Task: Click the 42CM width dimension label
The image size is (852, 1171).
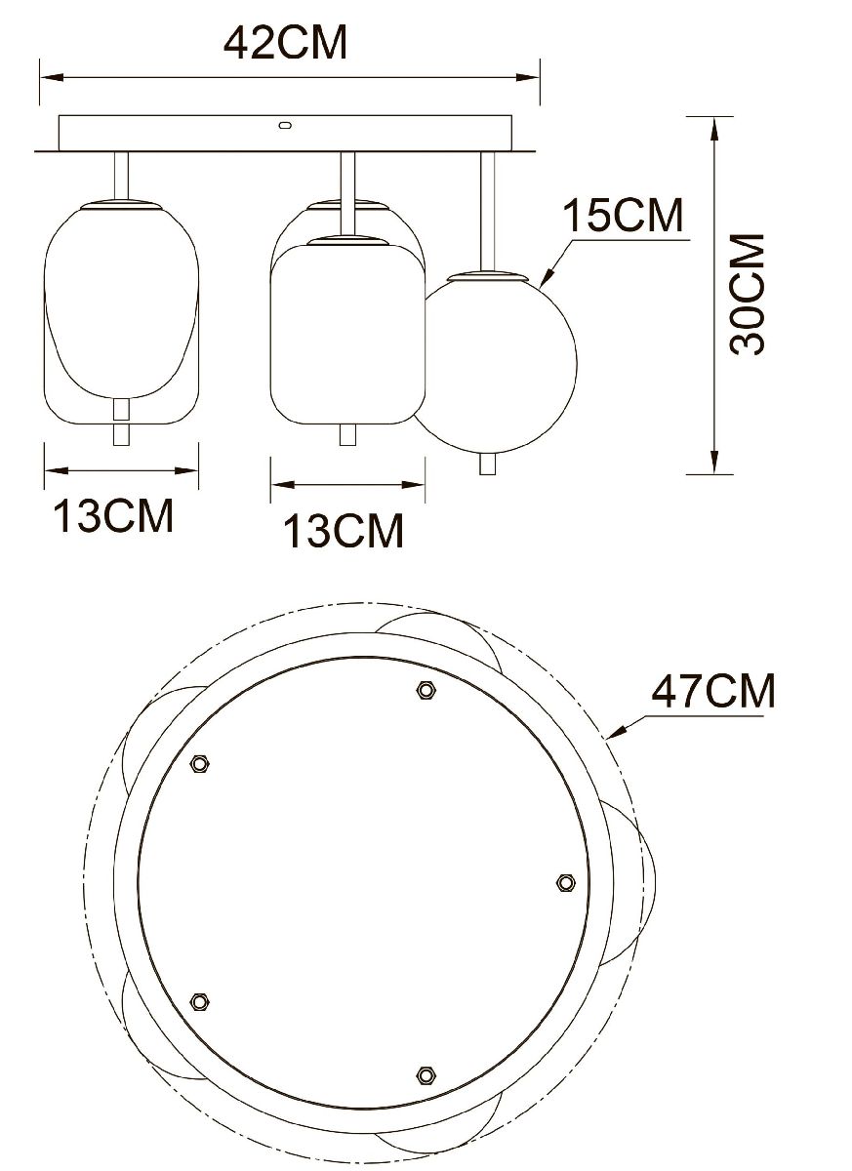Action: click(285, 42)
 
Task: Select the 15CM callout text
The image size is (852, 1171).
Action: click(625, 215)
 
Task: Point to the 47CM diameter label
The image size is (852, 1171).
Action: click(713, 692)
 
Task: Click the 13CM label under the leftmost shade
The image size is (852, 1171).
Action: click(112, 516)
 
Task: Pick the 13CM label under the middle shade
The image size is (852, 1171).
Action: click(344, 531)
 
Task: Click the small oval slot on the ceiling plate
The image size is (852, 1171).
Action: click(285, 125)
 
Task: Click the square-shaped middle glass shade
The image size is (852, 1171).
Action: click(347, 332)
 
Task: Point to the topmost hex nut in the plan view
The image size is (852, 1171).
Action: click(425, 690)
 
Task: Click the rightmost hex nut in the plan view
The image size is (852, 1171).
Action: click(565, 882)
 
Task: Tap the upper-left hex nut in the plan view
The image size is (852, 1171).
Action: click(199, 764)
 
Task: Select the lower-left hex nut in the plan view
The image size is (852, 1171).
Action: click(200, 1001)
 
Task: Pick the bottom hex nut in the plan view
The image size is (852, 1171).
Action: click(425, 1074)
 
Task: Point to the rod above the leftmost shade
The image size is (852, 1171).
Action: click(121, 176)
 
